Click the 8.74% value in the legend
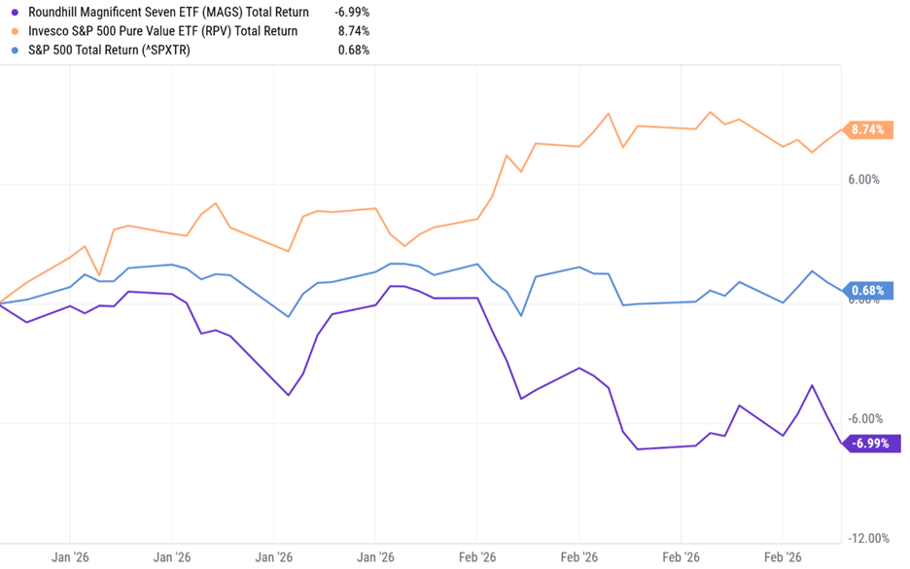[x=353, y=31]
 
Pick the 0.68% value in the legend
[x=353, y=50]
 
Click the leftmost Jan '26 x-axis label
[x=70, y=558]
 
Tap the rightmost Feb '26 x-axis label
[x=783, y=558]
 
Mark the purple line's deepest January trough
[x=289, y=395]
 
